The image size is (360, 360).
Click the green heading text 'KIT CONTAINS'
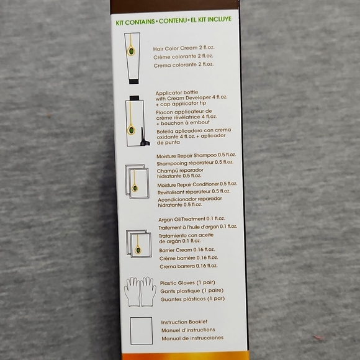[x=135, y=22]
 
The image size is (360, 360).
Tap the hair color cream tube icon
[x=132, y=58]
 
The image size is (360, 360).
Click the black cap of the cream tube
[x=133, y=81]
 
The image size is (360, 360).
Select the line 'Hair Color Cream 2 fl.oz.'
[x=184, y=48]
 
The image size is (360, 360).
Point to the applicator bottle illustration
[x=135, y=121]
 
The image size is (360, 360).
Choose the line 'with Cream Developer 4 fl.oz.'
[x=191, y=98]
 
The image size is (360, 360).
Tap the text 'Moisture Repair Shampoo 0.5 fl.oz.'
[x=196, y=156]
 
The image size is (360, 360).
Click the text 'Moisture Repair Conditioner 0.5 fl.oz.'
[x=197, y=184]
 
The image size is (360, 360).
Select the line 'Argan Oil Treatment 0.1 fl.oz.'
[x=191, y=219]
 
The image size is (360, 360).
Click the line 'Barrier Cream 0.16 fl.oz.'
[x=187, y=250]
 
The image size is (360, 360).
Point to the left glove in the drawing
[x=132, y=292]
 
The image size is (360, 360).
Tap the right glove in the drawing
[x=148, y=292]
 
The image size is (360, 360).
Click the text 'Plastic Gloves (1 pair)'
[x=187, y=282]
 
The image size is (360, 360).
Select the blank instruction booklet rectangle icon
[x=141, y=331]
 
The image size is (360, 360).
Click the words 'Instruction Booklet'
[x=184, y=322]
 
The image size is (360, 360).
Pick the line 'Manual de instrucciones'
[x=192, y=338]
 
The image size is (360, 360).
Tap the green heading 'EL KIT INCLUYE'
[x=211, y=19]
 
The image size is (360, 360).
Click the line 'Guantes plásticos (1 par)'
[x=192, y=299]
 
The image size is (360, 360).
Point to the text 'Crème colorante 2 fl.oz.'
[x=183, y=56]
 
